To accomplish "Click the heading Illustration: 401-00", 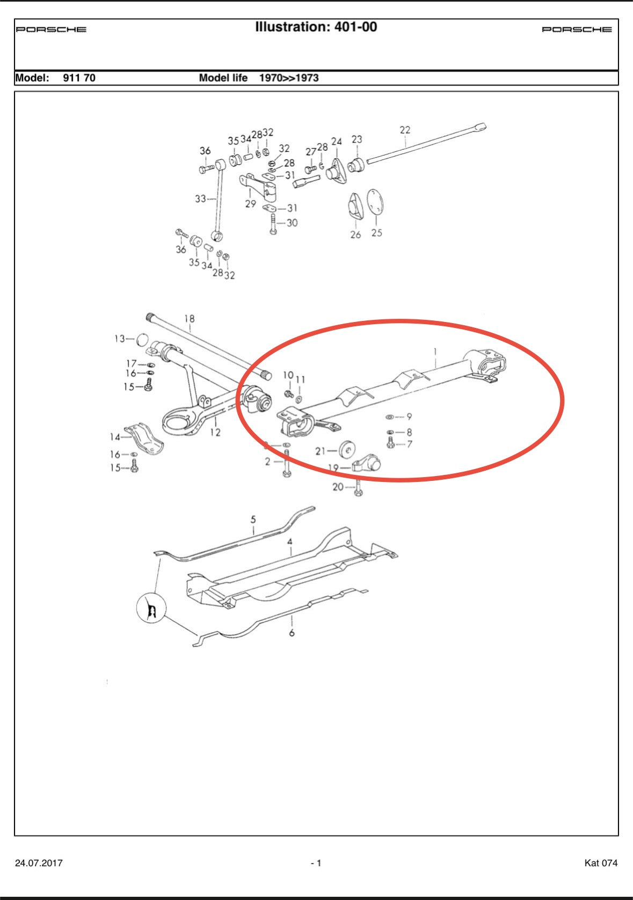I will pyautogui.click(x=316, y=27).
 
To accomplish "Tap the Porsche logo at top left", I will pyautogui.click(x=51, y=30).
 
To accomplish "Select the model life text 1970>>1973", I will pyautogui.click(x=289, y=78).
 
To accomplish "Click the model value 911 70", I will pyautogui.click(x=79, y=78).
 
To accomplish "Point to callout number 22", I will pyautogui.click(x=405, y=130).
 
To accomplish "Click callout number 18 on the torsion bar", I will pyautogui.click(x=189, y=319).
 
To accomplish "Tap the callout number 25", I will pyautogui.click(x=376, y=233).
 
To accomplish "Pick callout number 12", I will pyautogui.click(x=215, y=432).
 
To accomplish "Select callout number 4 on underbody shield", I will pyautogui.click(x=290, y=542).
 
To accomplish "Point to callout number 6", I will pyautogui.click(x=292, y=633).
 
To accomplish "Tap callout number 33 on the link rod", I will pyautogui.click(x=200, y=199).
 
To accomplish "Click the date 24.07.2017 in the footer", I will pyautogui.click(x=39, y=863).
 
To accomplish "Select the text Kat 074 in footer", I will pyautogui.click(x=601, y=863).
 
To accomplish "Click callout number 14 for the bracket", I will pyautogui.click(x=115, y=437).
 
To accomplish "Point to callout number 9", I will pyautogui.click(x=409, y=416).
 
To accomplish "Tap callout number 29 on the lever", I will pyautogui.click(x=250, y=204).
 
